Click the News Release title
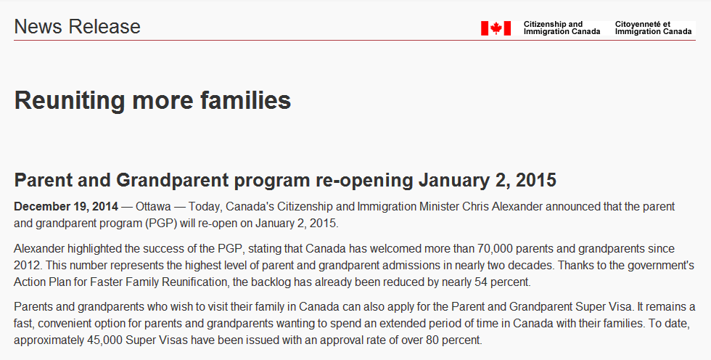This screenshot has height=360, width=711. tap(77, 27)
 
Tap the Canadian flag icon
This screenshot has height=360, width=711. tap(496, 28)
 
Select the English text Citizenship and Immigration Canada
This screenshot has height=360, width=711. tap(562, 28)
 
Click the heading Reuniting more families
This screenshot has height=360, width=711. tap(152, 100)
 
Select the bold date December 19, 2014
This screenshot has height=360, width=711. tap(66, 207)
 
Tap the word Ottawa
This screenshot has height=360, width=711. tap(153, 207)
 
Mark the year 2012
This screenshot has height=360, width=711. tap(26, 265)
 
